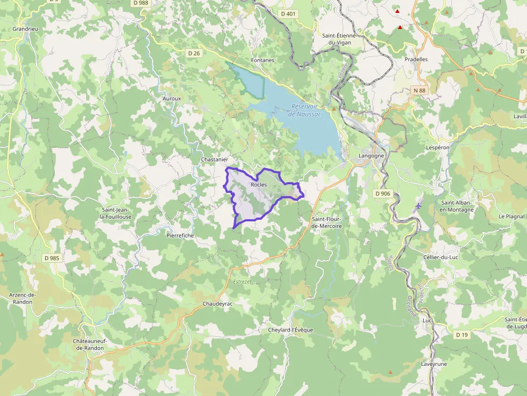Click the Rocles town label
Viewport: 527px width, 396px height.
(x=259, y=185)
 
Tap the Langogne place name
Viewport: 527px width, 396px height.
(x=372, y=156)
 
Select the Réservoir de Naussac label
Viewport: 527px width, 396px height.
(x=304, y=110)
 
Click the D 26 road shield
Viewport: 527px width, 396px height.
(x=194, y=53)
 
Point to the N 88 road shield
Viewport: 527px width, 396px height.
(x=419, y=90)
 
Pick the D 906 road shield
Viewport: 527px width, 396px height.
(x=383, y=193)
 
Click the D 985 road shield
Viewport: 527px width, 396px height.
(x=52, y=258)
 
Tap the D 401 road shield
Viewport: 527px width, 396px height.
(x=288, y=13)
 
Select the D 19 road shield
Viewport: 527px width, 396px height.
(x=461, y=335)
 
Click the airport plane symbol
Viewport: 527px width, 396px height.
(x=419, y=206)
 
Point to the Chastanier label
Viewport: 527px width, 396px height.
(x=215, y=160)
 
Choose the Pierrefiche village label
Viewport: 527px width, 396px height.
(x=180, y=235)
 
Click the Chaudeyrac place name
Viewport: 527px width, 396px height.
(x=217, y=304)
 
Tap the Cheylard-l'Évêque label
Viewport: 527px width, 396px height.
(x=290, y=330)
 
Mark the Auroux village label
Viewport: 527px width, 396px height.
(x=172, y=99)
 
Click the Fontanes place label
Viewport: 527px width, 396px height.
(x=262, y=60)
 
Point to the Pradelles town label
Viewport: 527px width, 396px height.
(x=416, y=59)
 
